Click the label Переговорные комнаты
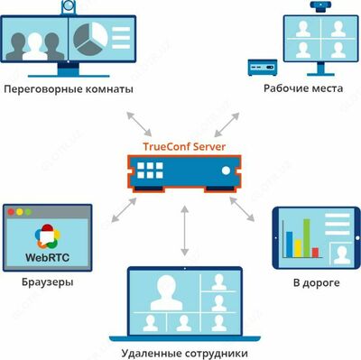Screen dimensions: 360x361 coord(69,90)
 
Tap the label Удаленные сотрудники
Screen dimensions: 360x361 coord(184,347)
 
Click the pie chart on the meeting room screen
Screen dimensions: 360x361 coord(94,36)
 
